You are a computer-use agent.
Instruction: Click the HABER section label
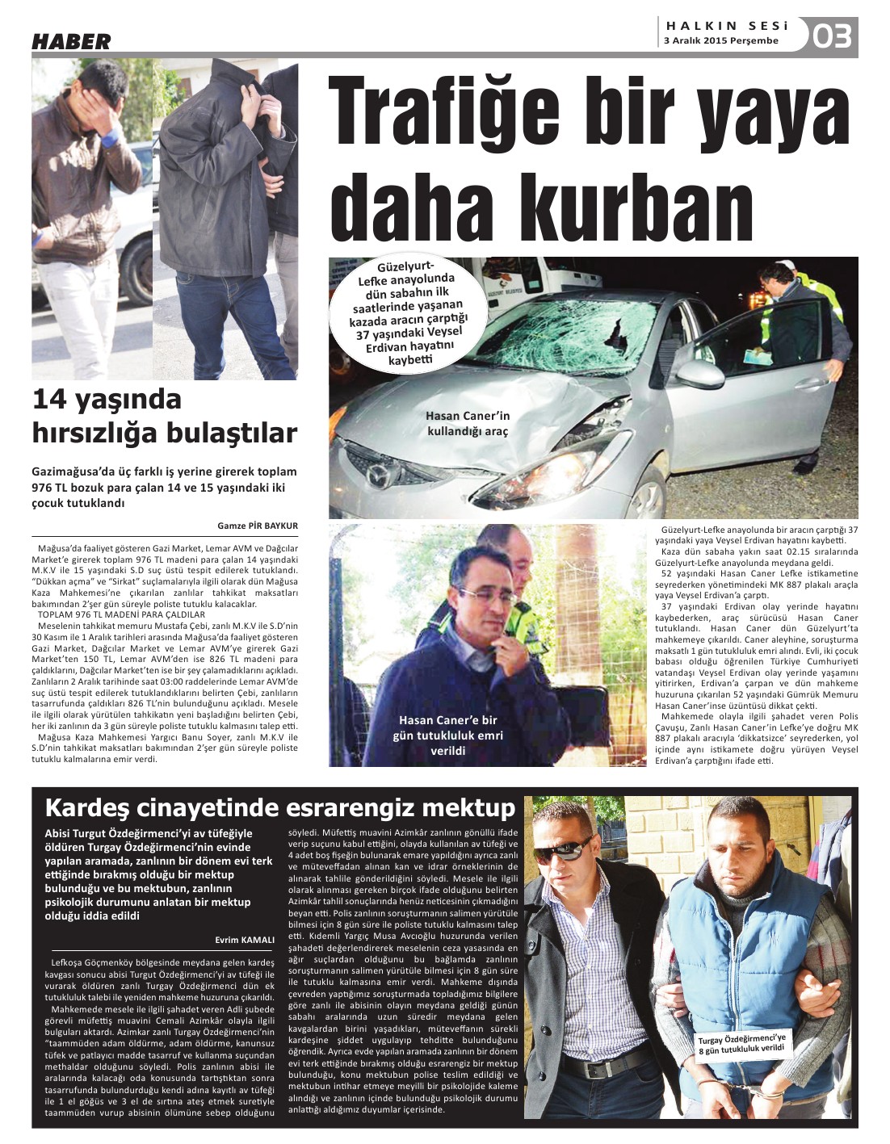coord(71,42)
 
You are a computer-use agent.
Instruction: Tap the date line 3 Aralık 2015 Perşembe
coord(720,40)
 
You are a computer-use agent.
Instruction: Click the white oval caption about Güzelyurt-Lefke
coord(409,314)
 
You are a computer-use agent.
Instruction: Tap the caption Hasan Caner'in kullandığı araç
coord(468,423)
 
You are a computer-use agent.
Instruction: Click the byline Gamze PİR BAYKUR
coord(258,526)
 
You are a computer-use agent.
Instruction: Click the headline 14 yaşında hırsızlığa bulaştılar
coord(165,417)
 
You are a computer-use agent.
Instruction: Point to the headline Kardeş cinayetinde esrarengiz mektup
coord(279,808)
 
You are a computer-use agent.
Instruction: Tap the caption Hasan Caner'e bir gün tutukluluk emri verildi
coord(447,735)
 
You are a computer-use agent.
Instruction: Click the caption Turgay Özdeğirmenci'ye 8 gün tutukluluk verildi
coord(741,1044)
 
